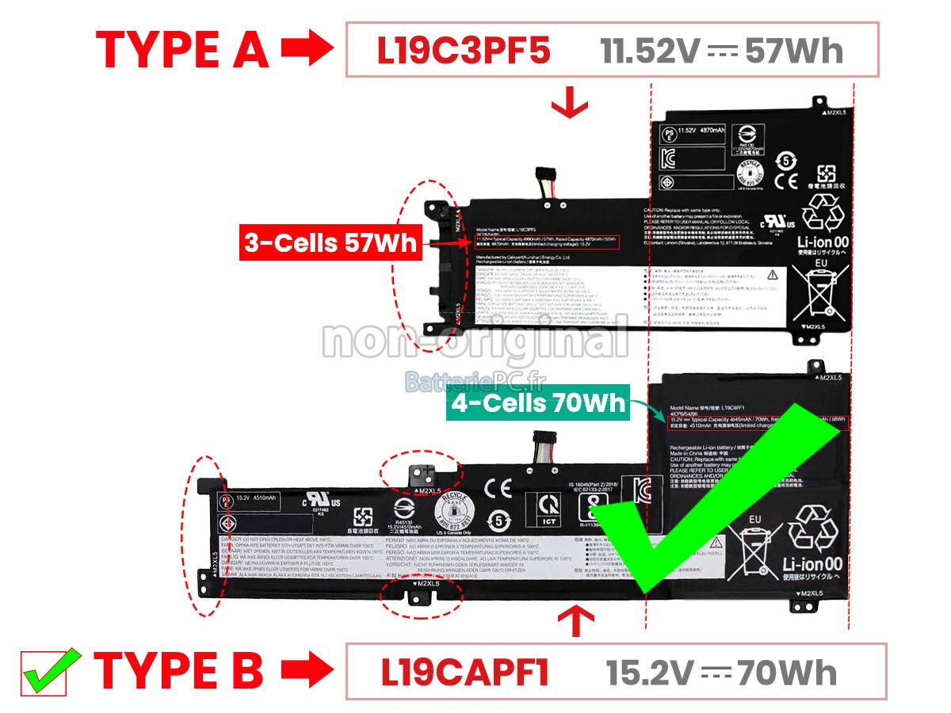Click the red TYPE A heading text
(182, 50)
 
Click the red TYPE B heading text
(178, 670)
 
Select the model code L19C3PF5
(463, 51)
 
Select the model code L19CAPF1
(465, 672)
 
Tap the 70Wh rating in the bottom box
(786, 673)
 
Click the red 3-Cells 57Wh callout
(330, 243)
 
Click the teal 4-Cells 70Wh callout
(538, 404)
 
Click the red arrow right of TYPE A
(307, 50)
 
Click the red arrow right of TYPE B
(306, 670)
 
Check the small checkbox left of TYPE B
(44, 673)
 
